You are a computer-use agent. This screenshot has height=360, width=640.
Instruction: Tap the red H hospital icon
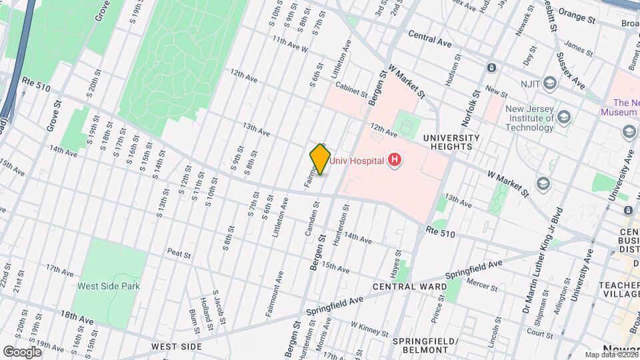coord(395,159)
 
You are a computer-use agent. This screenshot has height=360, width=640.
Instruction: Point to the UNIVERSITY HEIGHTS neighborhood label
coord(451,143)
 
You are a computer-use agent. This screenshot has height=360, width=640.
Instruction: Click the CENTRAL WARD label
coord(409,287)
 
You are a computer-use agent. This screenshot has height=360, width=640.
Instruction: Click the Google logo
coord(22,351)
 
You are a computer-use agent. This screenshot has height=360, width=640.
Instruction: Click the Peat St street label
coord(179,255)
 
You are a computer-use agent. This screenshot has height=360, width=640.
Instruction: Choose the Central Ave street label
coord(430,38)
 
